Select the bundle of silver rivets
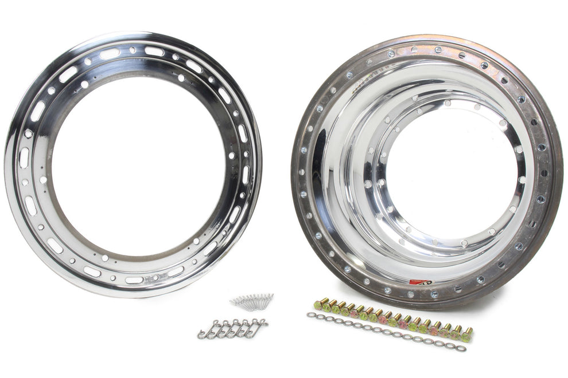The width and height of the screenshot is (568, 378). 252,301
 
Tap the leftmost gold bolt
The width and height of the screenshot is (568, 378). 318,305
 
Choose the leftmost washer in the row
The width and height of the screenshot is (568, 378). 310,314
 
